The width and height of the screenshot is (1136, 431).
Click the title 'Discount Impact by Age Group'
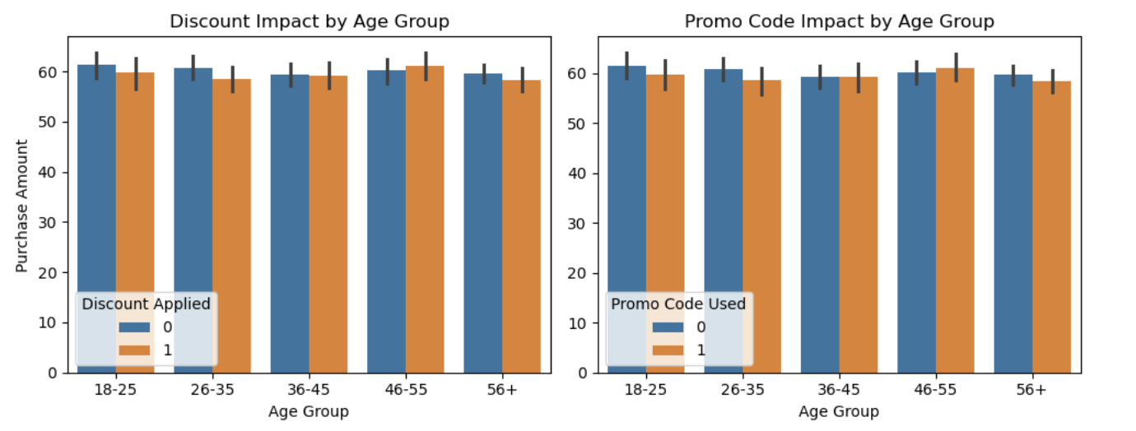[x=310, y=21]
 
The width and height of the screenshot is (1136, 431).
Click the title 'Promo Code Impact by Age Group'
[x=840, y=21]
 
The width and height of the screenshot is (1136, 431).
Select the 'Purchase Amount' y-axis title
[x=23, y=206]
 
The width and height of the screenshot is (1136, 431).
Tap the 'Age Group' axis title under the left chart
[x=309, y=411]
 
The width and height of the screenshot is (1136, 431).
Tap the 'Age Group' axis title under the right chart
[x=839, y=411]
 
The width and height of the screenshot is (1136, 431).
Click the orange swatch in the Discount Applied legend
[x=134, y=350]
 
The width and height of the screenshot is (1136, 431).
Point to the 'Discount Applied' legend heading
[x=146, y=304]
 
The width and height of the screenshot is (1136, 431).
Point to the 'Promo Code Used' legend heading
[x=678, y=304]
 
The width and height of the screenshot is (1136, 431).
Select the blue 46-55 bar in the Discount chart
[x=386, y=222]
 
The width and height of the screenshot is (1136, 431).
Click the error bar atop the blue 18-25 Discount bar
[x=96, y=66]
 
